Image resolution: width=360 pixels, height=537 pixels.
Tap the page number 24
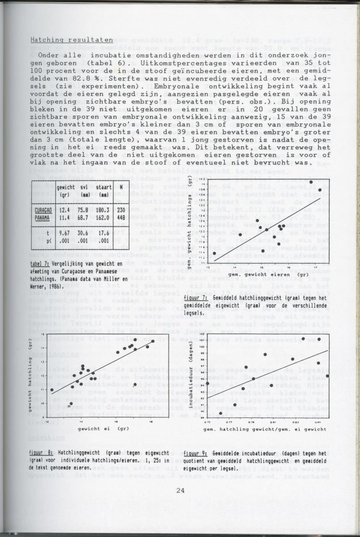(x=180, y=490)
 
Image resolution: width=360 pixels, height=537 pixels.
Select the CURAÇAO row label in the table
(x=45, y=209)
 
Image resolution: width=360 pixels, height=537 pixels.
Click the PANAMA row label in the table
(x=44, y=217)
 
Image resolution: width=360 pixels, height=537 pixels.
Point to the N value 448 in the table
(x=121, y=217)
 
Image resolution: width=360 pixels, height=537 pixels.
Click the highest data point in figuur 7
(x=311, y=182)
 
